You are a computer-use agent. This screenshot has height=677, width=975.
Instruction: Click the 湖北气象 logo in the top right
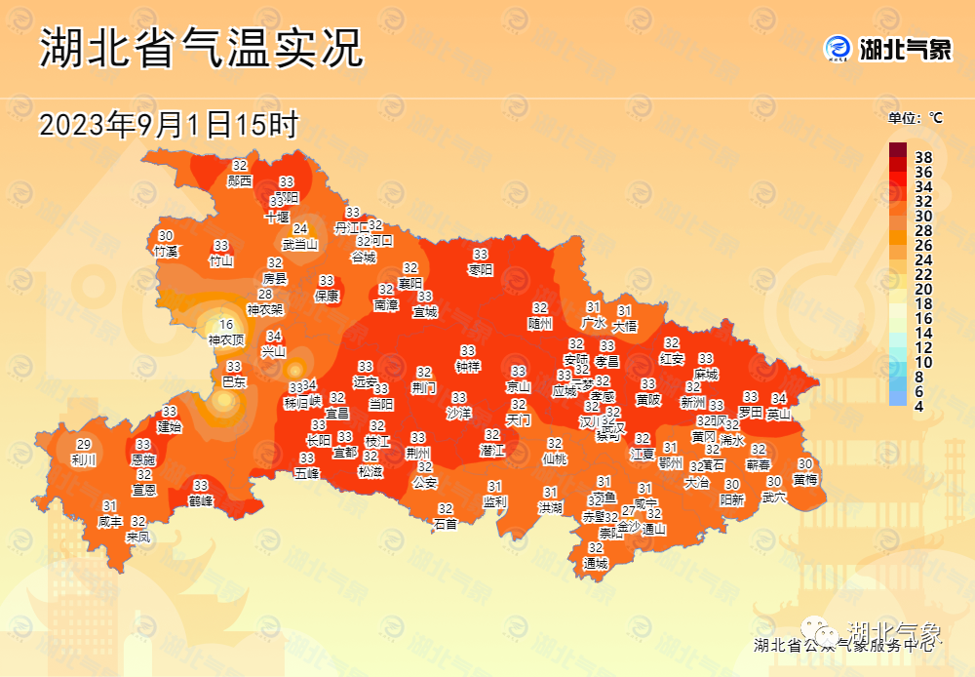click(888, 49)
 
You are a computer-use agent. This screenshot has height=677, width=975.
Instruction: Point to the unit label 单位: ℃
click(916, 118)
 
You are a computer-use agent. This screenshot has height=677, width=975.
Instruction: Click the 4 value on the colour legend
click(918, 406)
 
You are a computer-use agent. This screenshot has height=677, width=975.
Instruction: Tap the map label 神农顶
click(226, 340)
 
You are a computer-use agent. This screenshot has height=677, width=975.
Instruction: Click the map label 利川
click(84, 459)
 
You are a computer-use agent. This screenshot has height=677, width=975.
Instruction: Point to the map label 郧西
click(240, 180)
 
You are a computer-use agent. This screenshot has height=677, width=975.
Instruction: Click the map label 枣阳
click(481, 268)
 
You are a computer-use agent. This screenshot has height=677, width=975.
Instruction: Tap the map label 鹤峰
click(201, 500)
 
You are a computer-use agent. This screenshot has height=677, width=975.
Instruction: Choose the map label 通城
click(595, 563)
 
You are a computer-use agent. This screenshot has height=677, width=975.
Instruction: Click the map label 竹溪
click(166, 251)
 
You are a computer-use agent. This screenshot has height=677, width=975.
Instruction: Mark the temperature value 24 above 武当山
click(300, 229)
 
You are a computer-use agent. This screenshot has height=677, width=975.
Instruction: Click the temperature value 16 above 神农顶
click(226, 326)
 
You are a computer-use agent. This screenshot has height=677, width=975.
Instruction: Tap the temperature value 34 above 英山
click(779, 398)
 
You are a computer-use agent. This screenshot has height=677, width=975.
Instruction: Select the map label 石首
click(446, 524)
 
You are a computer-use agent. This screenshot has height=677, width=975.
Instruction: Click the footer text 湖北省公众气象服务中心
click(844, 645)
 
